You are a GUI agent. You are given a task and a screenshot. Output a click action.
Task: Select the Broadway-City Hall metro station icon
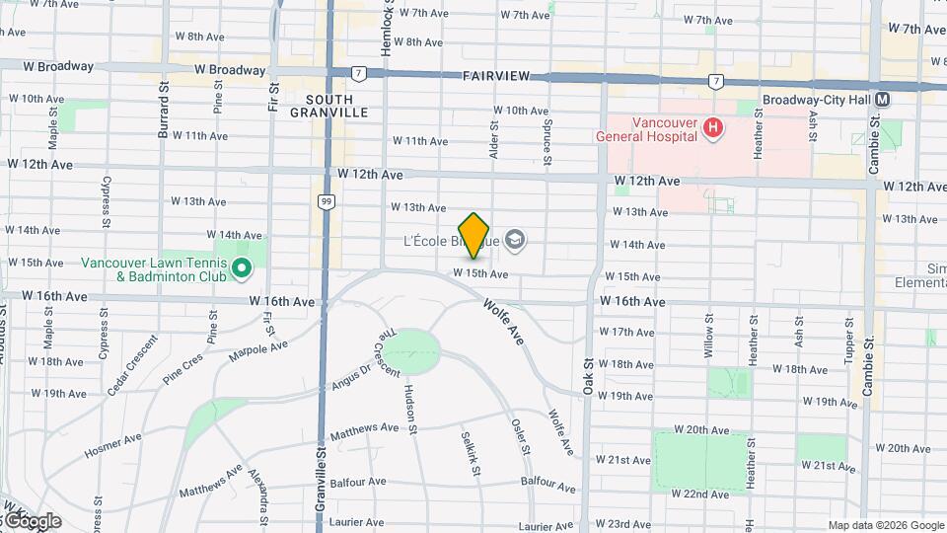click(x=883, y=100)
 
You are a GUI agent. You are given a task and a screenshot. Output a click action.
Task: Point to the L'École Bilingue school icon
click(x=515, y=240)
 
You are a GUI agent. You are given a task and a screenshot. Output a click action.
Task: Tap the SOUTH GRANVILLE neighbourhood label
click(x=328, y=107)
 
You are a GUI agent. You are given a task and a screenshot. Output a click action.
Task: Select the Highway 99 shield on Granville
click(x=326, y=201)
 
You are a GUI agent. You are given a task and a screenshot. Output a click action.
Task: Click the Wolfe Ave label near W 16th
click(x=502, y=321)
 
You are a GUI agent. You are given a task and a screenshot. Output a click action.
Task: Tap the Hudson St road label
click(x=409, y=405)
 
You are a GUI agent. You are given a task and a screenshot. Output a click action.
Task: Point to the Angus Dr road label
click(x=351, y=375)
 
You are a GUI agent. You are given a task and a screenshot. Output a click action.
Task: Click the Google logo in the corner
click(x=32, y=520)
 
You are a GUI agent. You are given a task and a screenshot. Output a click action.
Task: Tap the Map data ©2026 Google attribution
click(x=885, y=525)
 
